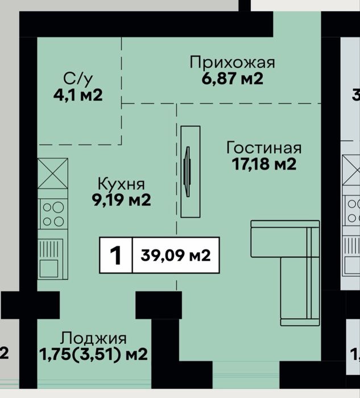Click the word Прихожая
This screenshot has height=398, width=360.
tap(232, 63)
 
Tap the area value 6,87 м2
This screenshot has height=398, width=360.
tap(232, 79)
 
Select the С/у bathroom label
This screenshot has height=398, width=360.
tap(78, 79)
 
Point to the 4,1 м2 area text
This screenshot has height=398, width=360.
tap(78, 95)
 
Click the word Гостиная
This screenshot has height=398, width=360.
tap(264, 147)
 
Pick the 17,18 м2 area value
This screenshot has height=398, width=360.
tap(264, 164)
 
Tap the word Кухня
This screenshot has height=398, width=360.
tap(121, 184)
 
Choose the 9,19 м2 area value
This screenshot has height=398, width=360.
tap(121, 200)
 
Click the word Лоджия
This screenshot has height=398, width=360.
tap(93, 339)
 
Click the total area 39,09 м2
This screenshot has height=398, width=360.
tap(175, 255)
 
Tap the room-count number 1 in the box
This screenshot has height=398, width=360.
tap(116, 255)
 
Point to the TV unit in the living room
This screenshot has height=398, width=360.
tap(191, 172)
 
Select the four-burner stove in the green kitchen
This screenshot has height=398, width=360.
tap(53, 214)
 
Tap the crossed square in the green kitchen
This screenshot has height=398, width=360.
tap(53, 174)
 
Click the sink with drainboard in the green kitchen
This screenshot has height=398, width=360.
tap(51, 259)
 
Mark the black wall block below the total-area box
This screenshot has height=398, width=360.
tap(159, 305)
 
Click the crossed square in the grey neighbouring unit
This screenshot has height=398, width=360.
tap(351, 170)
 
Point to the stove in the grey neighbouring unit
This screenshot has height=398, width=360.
tap(352, 211)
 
